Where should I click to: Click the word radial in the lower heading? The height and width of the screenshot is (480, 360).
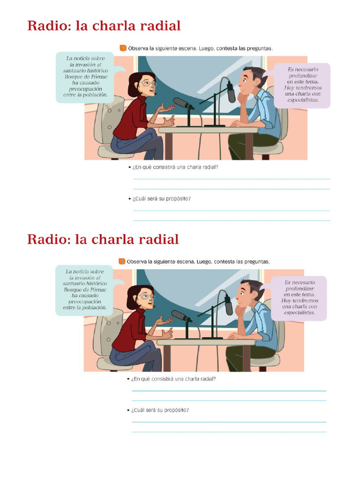pos(159,239)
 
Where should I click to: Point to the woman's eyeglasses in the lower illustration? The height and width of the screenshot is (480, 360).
pos(146,296)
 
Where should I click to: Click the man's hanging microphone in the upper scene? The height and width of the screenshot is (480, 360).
pos(231,92)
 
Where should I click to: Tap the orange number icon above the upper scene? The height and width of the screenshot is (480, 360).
pos(123,48)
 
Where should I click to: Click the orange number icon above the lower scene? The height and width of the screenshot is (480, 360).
pos(121,261)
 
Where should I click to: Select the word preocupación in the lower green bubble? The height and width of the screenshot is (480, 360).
pos(84,301)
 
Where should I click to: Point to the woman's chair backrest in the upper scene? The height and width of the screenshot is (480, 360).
pos(107,120)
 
